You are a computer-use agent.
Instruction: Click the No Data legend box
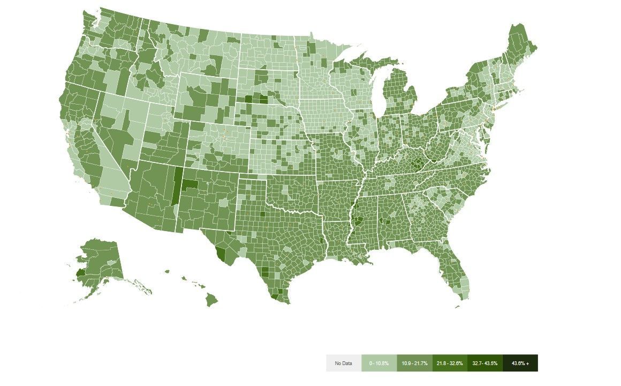(344, 363)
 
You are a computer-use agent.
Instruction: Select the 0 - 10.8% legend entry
(379, 363)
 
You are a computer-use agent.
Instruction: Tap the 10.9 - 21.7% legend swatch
(414, 363)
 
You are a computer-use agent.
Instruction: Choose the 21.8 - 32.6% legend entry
(450, 363)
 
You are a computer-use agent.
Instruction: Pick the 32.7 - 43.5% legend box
(485, 363)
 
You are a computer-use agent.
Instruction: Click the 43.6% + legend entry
(520, 363)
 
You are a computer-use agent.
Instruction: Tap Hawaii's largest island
(212, 300)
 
